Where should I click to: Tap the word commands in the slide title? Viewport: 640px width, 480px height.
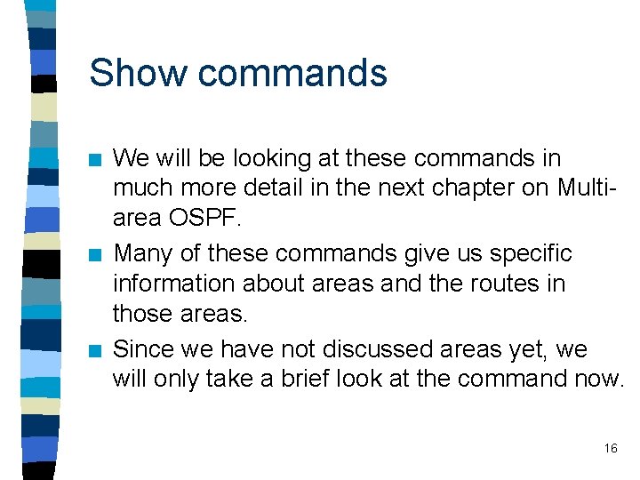pos(292,73)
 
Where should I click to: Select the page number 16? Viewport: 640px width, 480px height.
pos(611,448)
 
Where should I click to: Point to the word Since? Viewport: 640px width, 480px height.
pos(145,349)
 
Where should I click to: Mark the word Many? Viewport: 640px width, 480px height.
pos(144,255)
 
